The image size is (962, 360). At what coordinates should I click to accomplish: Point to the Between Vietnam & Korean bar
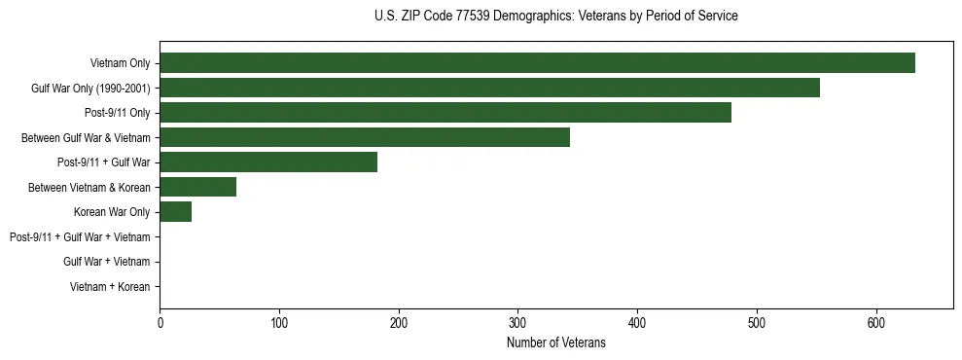198,187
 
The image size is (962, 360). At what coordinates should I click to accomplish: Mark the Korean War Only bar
176,212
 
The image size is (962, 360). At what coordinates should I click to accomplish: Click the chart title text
555,17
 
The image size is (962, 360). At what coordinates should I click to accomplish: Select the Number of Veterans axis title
555,343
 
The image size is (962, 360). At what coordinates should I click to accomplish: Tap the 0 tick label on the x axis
160,323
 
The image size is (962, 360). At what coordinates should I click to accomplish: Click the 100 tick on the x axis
279,323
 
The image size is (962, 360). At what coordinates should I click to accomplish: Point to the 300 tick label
517,323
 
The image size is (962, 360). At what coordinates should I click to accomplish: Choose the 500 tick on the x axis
757,323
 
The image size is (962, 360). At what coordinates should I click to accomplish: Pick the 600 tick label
876,323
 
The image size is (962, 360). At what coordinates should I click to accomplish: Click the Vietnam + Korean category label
110,287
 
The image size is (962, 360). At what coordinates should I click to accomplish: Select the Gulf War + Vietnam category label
107,262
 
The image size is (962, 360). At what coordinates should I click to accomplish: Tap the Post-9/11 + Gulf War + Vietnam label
80,236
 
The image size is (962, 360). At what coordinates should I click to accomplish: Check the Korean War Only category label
112,212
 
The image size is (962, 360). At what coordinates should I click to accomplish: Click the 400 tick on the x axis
637,323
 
